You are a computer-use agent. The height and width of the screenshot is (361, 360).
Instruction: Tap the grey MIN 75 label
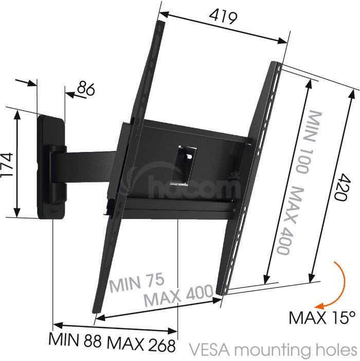(137, 282)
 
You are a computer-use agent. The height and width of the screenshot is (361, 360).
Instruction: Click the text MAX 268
(141, 346)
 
